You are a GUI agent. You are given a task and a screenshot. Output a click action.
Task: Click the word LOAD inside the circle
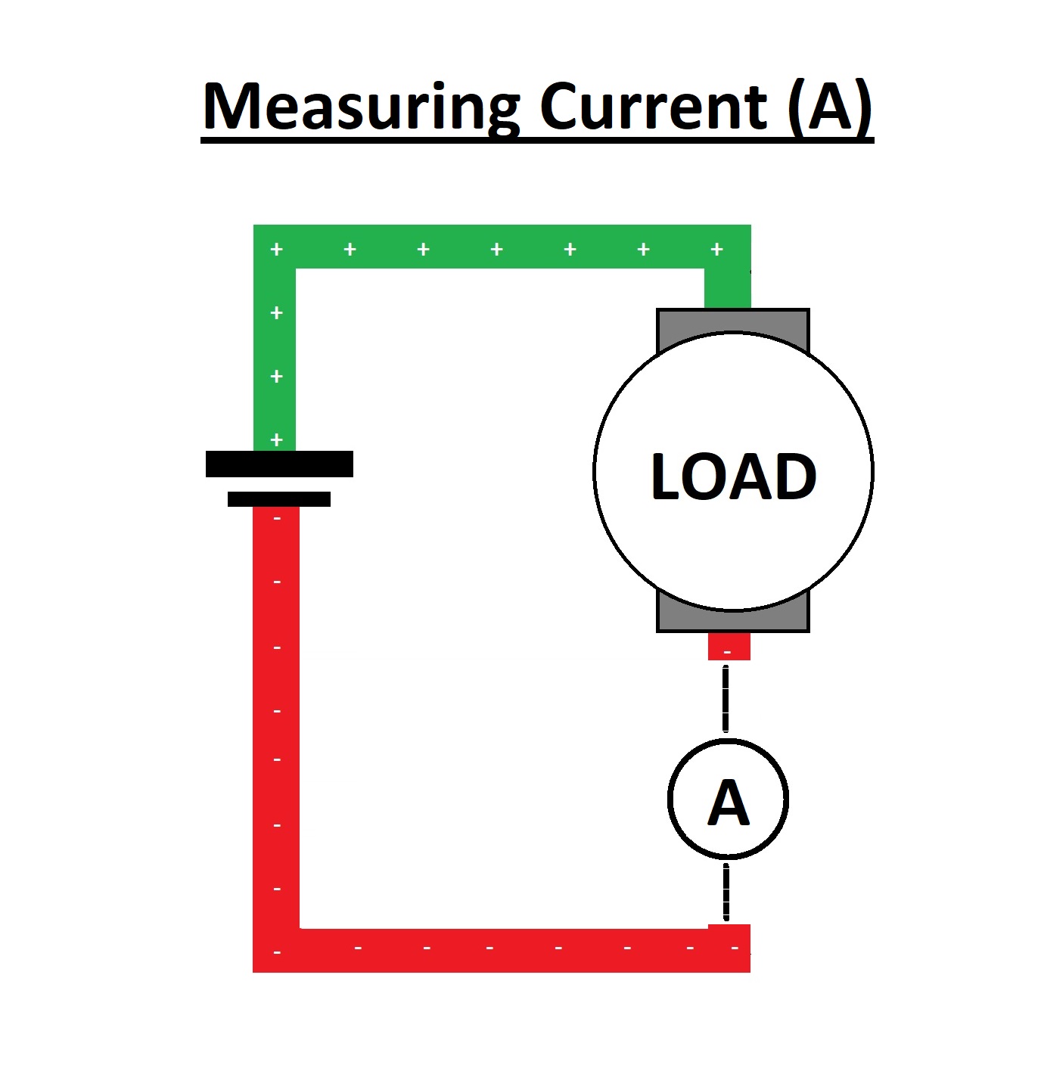(733, 477)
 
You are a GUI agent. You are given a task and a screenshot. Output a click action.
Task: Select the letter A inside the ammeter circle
(729, 803)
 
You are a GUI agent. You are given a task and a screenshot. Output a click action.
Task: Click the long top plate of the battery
(279, 464)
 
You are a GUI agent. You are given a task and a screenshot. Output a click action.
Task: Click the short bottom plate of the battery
(279, 499)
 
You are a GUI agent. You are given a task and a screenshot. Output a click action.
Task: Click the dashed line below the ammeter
(726, 893)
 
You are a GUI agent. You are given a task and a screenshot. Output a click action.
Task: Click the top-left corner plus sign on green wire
(276, 249)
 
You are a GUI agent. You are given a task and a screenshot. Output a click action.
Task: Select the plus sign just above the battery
(276, 439)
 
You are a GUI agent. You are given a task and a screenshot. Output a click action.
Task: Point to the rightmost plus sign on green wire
(716, 249)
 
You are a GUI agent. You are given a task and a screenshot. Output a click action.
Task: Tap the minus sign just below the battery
(276, 519)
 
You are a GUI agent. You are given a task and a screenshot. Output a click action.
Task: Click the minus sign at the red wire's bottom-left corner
(276, 952)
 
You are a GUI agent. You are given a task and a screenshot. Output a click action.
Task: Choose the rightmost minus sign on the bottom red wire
(735, 948)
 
